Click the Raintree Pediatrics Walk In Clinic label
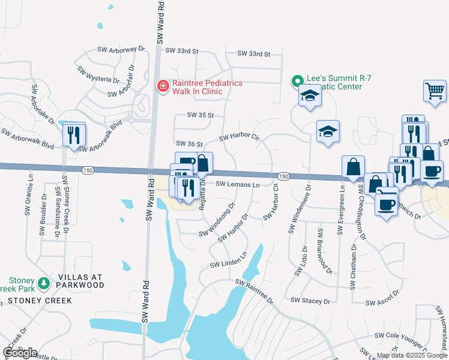tap(206, 87)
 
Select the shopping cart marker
tap(434, 92)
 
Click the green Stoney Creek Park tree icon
tap(43, 283)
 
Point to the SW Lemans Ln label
tap(237, 184)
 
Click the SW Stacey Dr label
tap(310, 300)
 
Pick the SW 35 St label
tap(200, 114)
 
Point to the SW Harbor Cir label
tap(239, 137)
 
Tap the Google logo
tap(19, 353)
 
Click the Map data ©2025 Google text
tap(411, 355)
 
